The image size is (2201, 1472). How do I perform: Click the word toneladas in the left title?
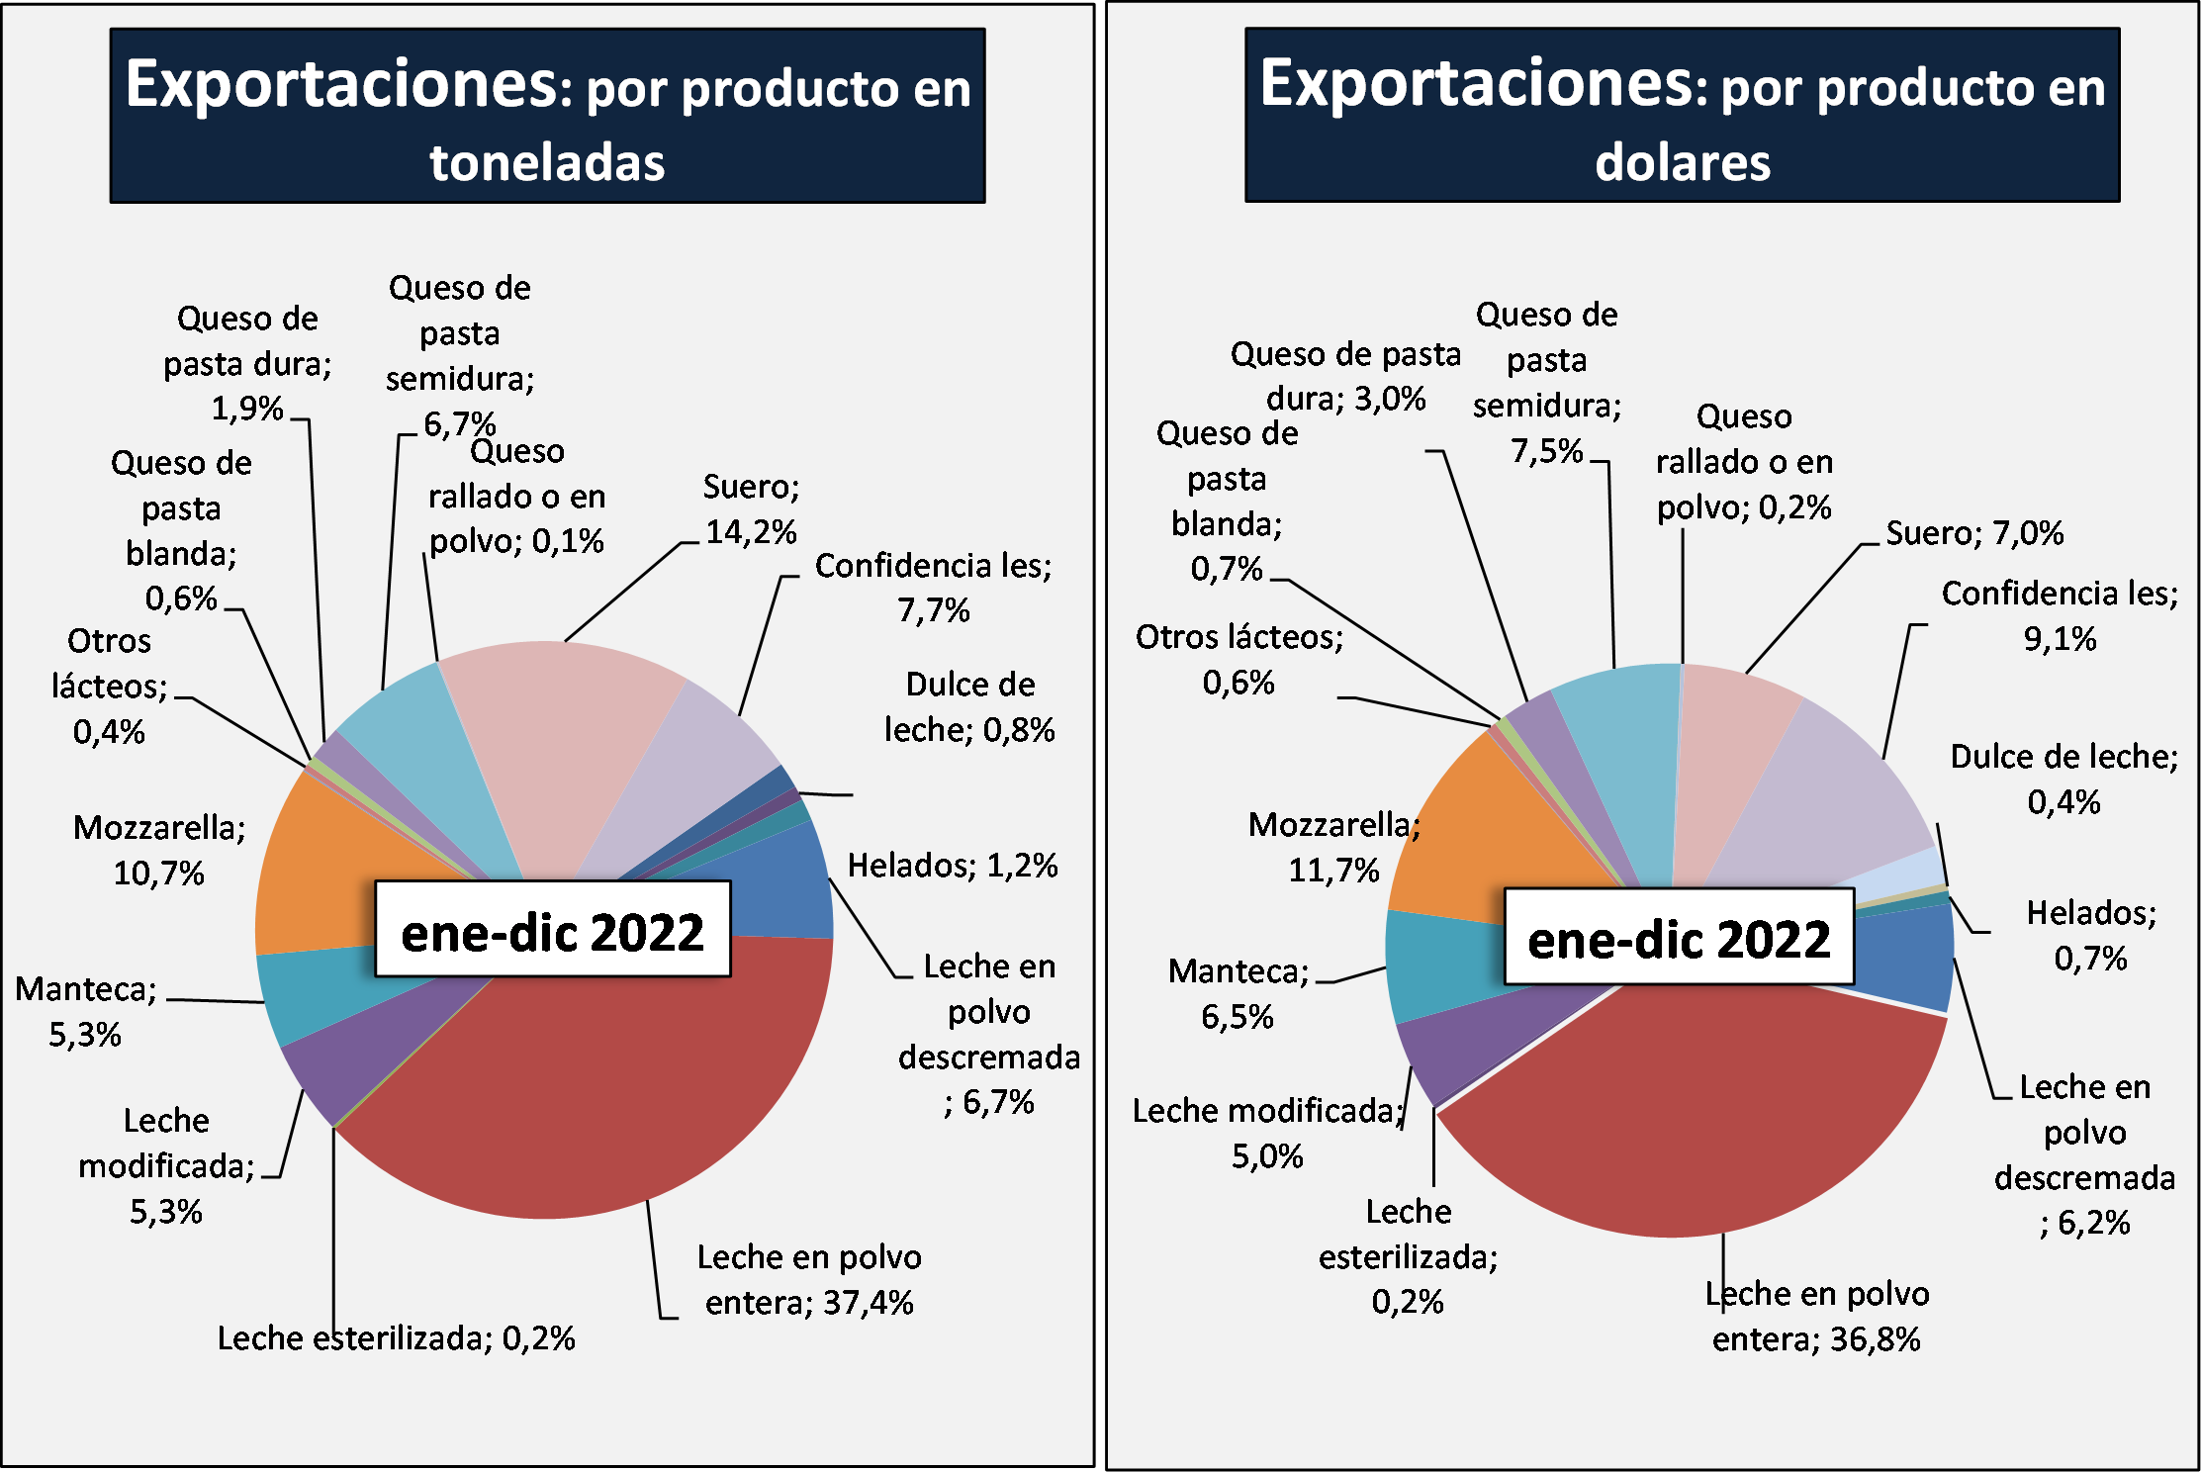click(x=547, y=163)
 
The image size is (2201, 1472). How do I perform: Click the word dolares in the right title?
click(x=1682, y=163)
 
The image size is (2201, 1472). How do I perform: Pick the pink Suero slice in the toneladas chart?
click(x=554, y=752)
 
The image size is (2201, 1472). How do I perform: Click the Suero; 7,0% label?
click(x=1973, y=534)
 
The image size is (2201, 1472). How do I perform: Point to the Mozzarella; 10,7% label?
click(x=159, y=851)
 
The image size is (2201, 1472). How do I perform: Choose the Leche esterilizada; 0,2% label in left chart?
click(x=396, y=1338)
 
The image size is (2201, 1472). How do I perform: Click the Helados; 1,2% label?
click(x=953, y=866)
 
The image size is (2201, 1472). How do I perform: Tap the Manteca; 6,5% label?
click(x=1238, y=994)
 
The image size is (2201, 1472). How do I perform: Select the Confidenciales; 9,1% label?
click(x=2060, y=615)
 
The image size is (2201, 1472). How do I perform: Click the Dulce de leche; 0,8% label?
click(x=969, y=707)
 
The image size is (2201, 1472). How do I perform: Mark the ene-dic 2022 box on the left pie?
click(x=552, y=931)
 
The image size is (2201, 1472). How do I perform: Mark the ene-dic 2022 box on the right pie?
click(x=1679, y=938)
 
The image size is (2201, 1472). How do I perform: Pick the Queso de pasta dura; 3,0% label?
click(x=1345, y=376)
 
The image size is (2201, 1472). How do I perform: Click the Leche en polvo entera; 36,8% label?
click(x=1816, y=1317)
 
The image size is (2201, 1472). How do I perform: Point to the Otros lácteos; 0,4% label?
click(x=109, y=687)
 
